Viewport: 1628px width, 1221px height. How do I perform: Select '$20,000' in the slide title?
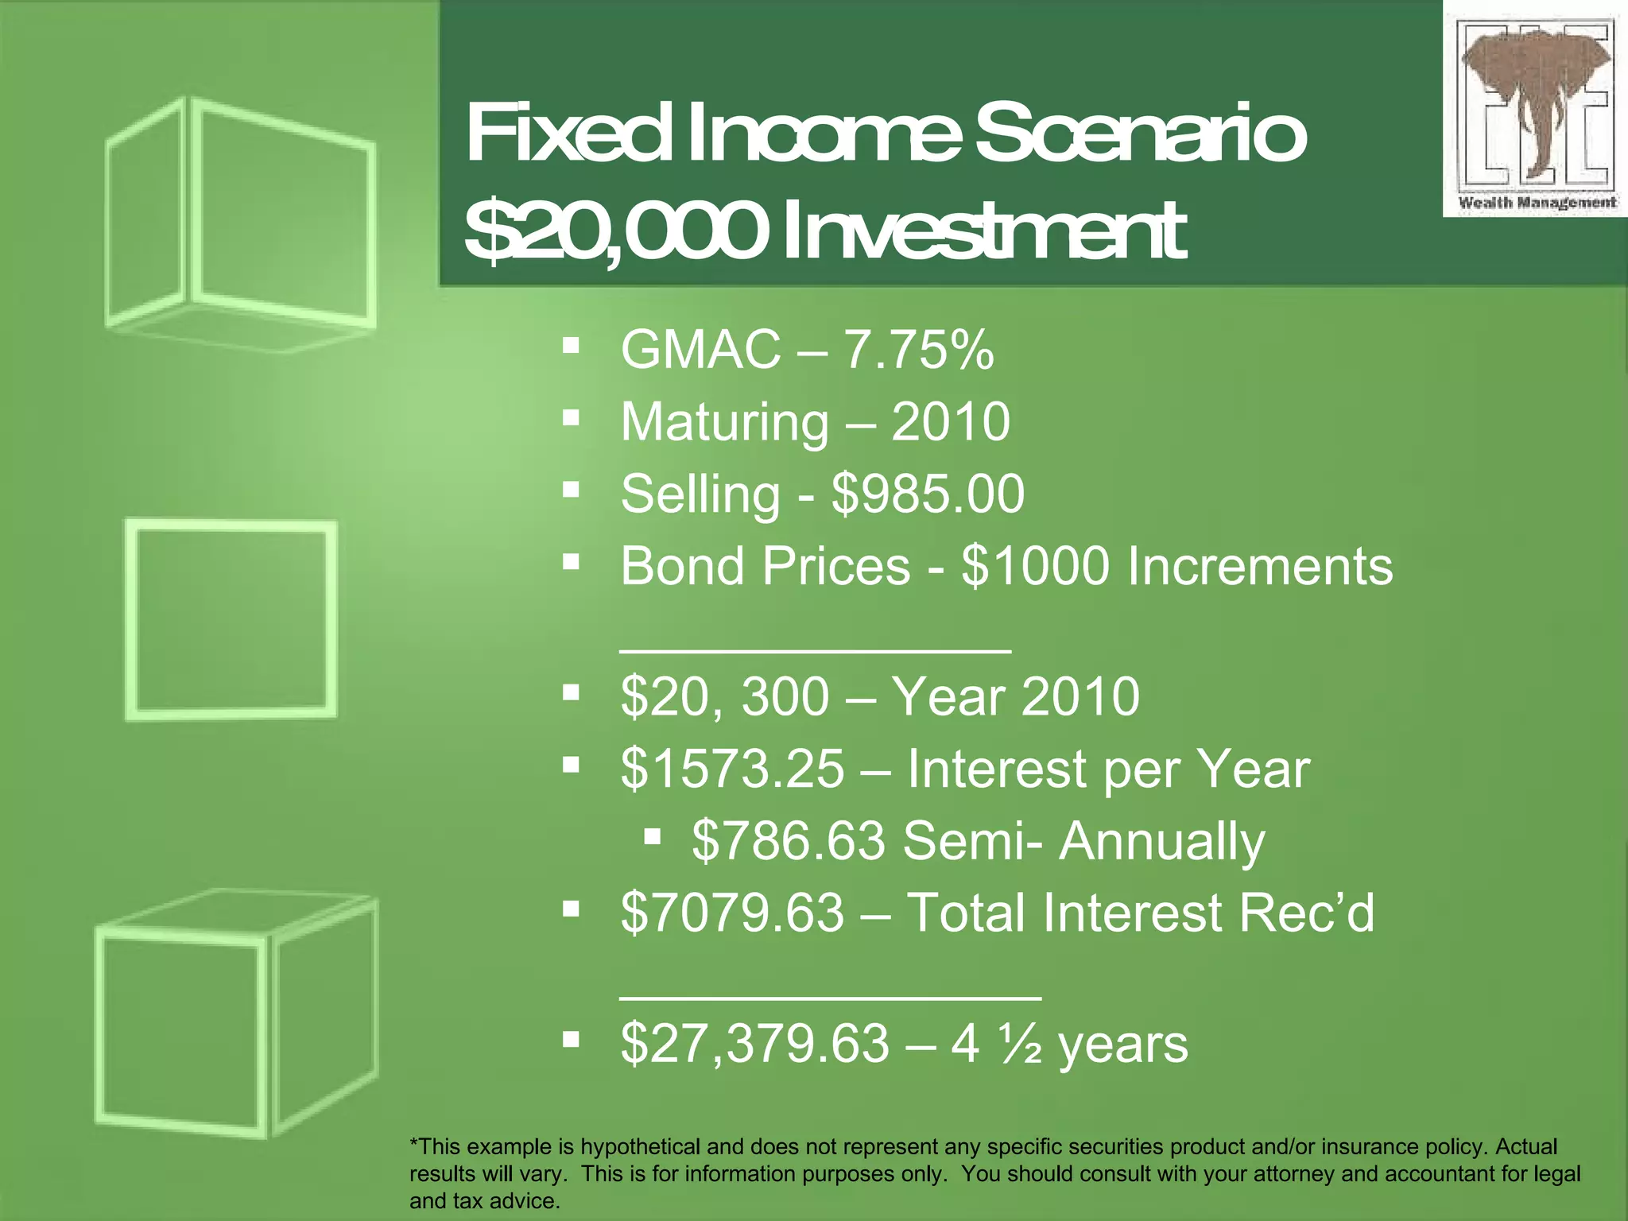click(612, 232)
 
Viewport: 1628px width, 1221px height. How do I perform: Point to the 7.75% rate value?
click(918, 350)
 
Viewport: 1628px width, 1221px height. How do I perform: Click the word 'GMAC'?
click(700, 350)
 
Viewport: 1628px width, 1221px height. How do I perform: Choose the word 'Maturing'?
click(724, 423)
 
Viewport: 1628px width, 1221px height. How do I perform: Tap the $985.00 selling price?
click(928, 494)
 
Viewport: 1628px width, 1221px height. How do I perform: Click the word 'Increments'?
click(1260, 566)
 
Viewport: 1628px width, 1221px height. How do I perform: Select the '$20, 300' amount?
click(724, 697)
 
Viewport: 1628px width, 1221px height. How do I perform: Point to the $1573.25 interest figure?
click(732, 769)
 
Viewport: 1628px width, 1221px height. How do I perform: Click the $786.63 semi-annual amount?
click(788, 841)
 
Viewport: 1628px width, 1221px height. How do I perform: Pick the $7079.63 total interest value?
click(732, 913)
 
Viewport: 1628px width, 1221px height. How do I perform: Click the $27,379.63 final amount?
click(754, 1044)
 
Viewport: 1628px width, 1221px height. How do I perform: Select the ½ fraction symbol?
click(1020, 1044)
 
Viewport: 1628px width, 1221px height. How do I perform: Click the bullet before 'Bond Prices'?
click(571, 562)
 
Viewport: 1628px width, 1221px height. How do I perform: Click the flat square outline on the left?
click(231, 620)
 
